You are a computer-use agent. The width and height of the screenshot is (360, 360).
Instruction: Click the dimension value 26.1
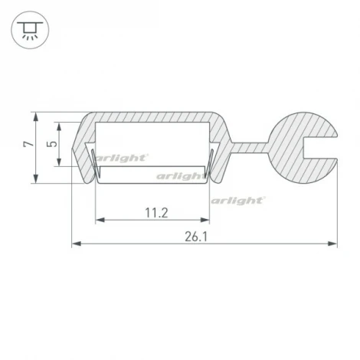[x=196, y=237]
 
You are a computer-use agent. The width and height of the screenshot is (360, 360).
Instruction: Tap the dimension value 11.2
[x=156, y=213]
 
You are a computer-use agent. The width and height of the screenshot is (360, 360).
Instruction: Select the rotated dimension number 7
[x=28, y=144]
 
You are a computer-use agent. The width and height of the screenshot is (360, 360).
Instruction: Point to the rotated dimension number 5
[x=52, y=144]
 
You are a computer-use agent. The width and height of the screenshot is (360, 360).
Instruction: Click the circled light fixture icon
[x=30, y=30]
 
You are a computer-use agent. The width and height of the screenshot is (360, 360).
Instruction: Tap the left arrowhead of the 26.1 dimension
[x=77, y=244]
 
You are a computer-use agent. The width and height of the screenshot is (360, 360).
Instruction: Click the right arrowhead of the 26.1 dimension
[x=332, y=244]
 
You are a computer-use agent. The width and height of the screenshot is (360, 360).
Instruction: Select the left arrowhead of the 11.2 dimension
[x=100, y=220]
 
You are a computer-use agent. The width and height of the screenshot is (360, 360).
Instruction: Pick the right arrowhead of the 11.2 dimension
[x=205, y=220]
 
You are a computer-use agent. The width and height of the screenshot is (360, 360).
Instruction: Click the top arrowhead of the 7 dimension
[x=36, y=116]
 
